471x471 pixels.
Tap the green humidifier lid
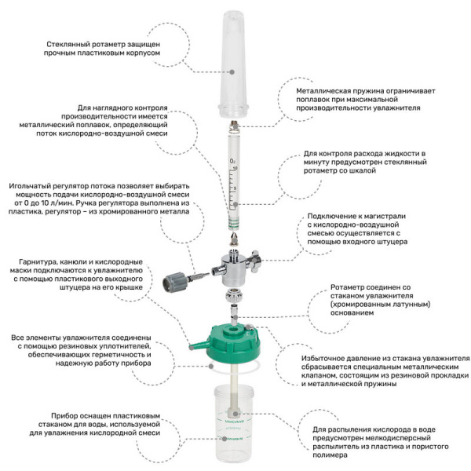coord(233,343)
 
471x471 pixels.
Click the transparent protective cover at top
coord(234,64)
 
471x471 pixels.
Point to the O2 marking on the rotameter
coord(232,161)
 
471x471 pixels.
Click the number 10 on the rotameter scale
coord(235,168)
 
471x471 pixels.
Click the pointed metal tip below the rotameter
coord(234,239)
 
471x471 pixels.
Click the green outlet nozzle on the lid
coord(199,345)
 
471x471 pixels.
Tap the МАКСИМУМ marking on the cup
coord(234,422)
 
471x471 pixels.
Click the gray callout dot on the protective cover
coord(232,72)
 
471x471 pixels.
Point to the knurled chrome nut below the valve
coord(234,296)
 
